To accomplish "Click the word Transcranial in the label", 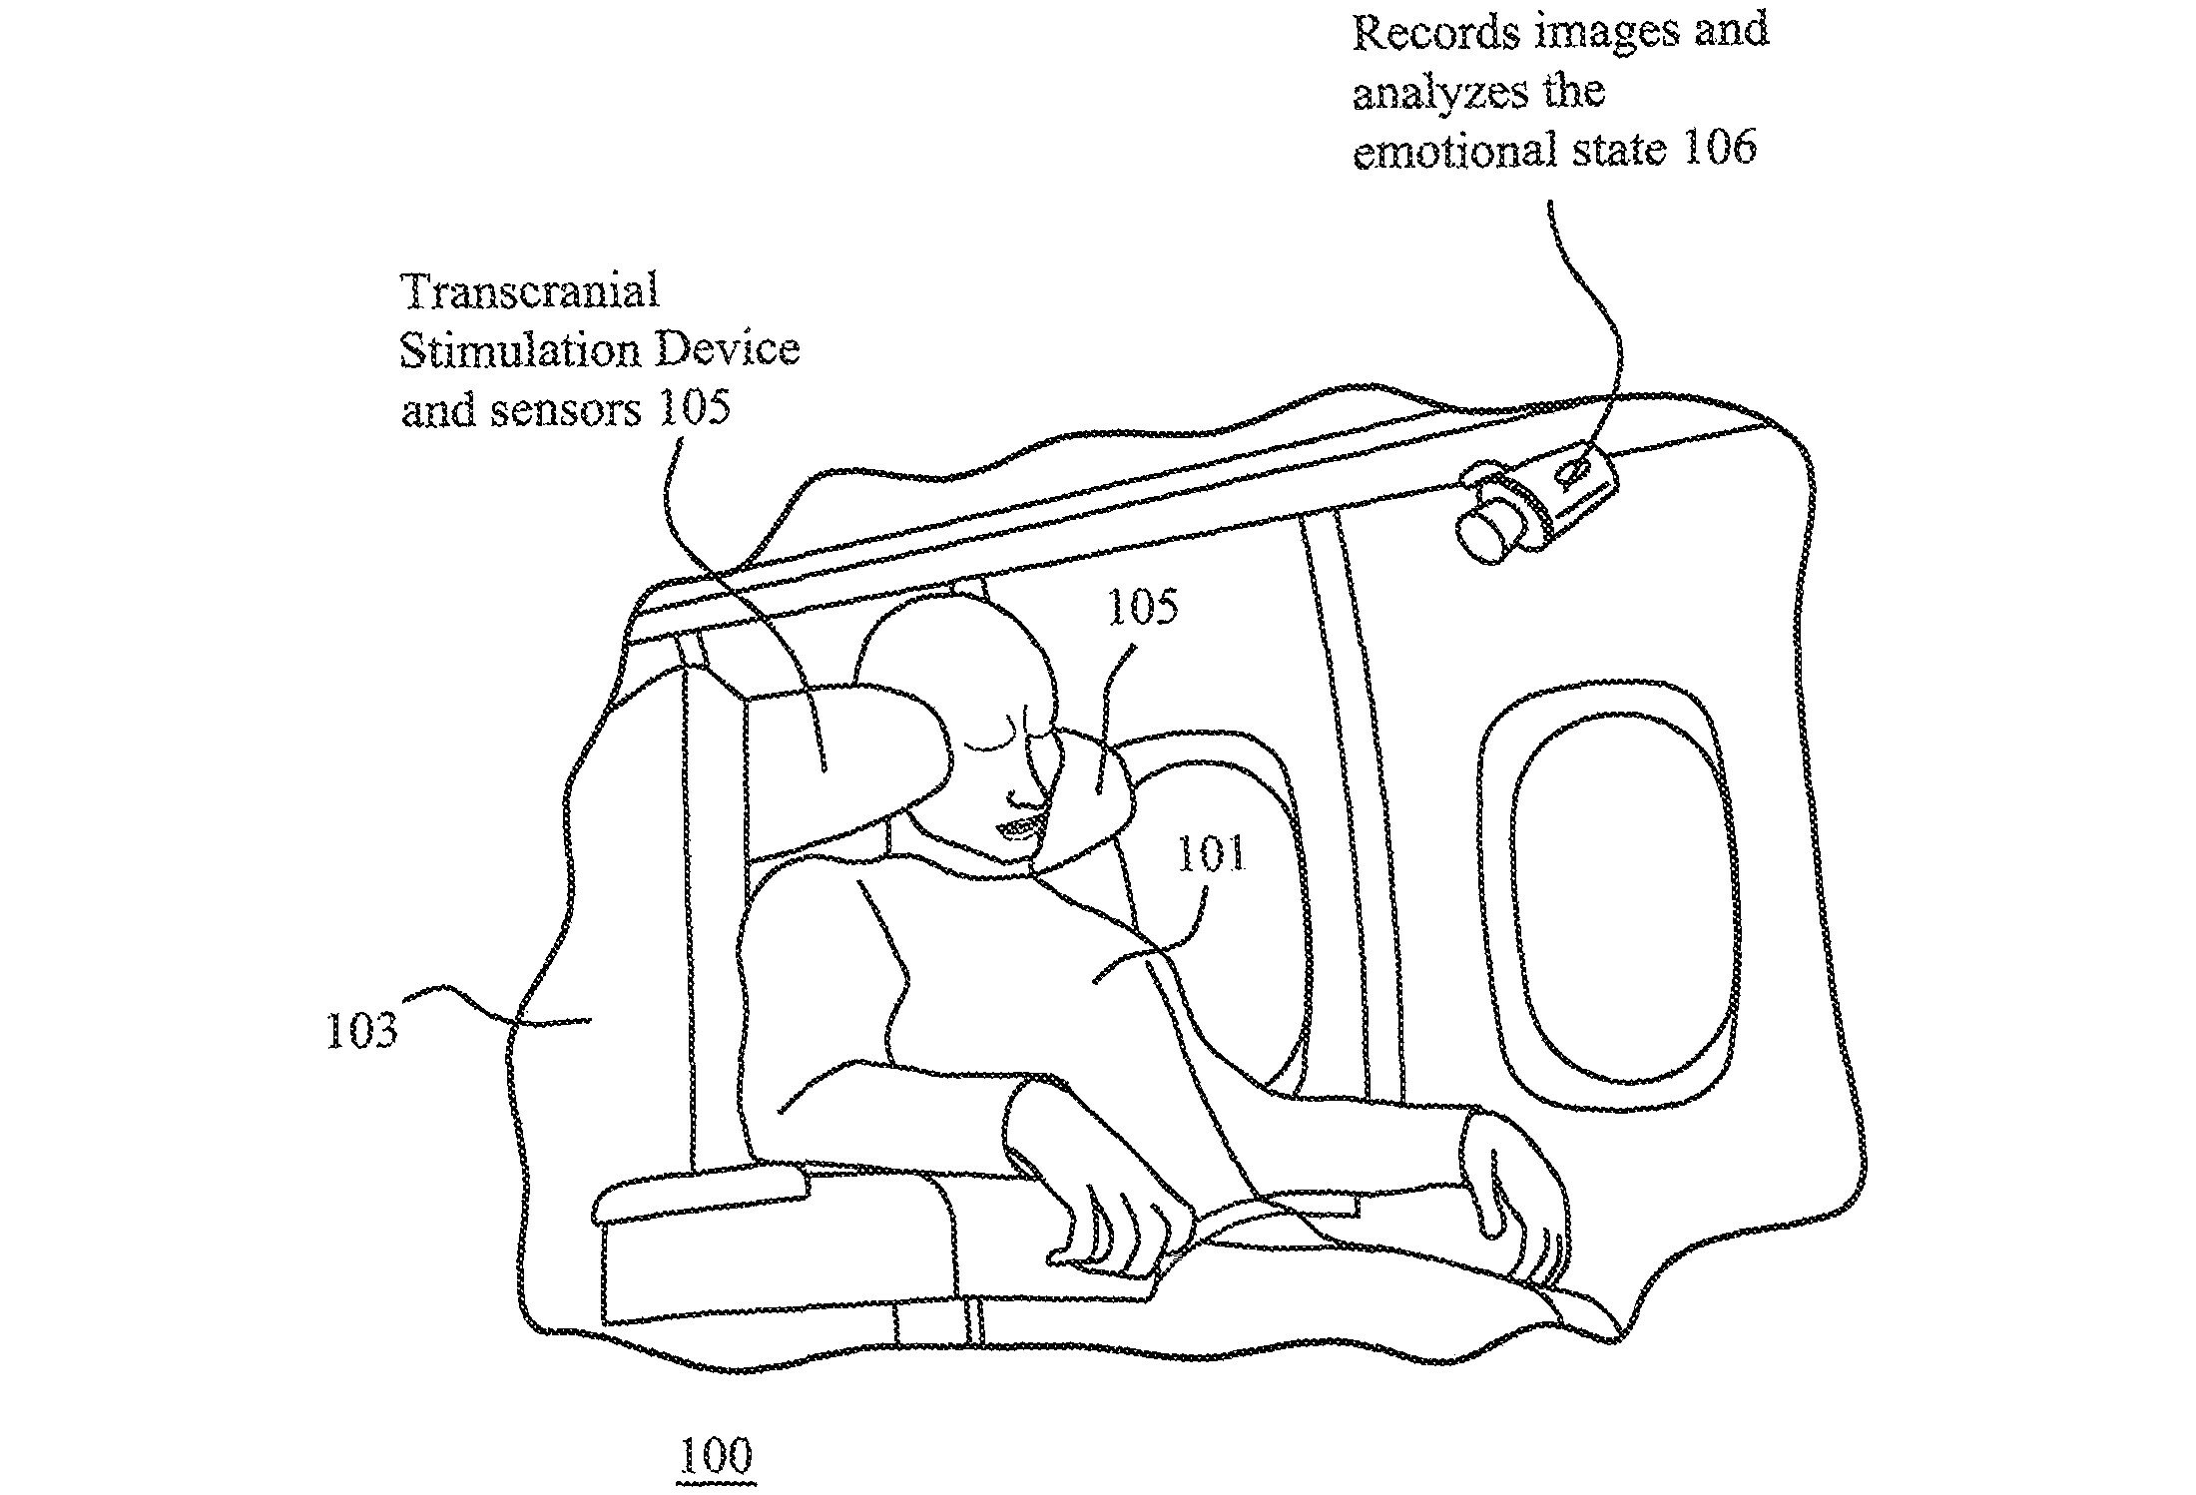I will coord(529,291).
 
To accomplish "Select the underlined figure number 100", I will coord(715,1457).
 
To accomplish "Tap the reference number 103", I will coord(361,1030).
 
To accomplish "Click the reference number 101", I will coord(1211,855).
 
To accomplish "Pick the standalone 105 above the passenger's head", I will coord(1144,607).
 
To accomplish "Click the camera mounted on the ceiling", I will coord(1537,504).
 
